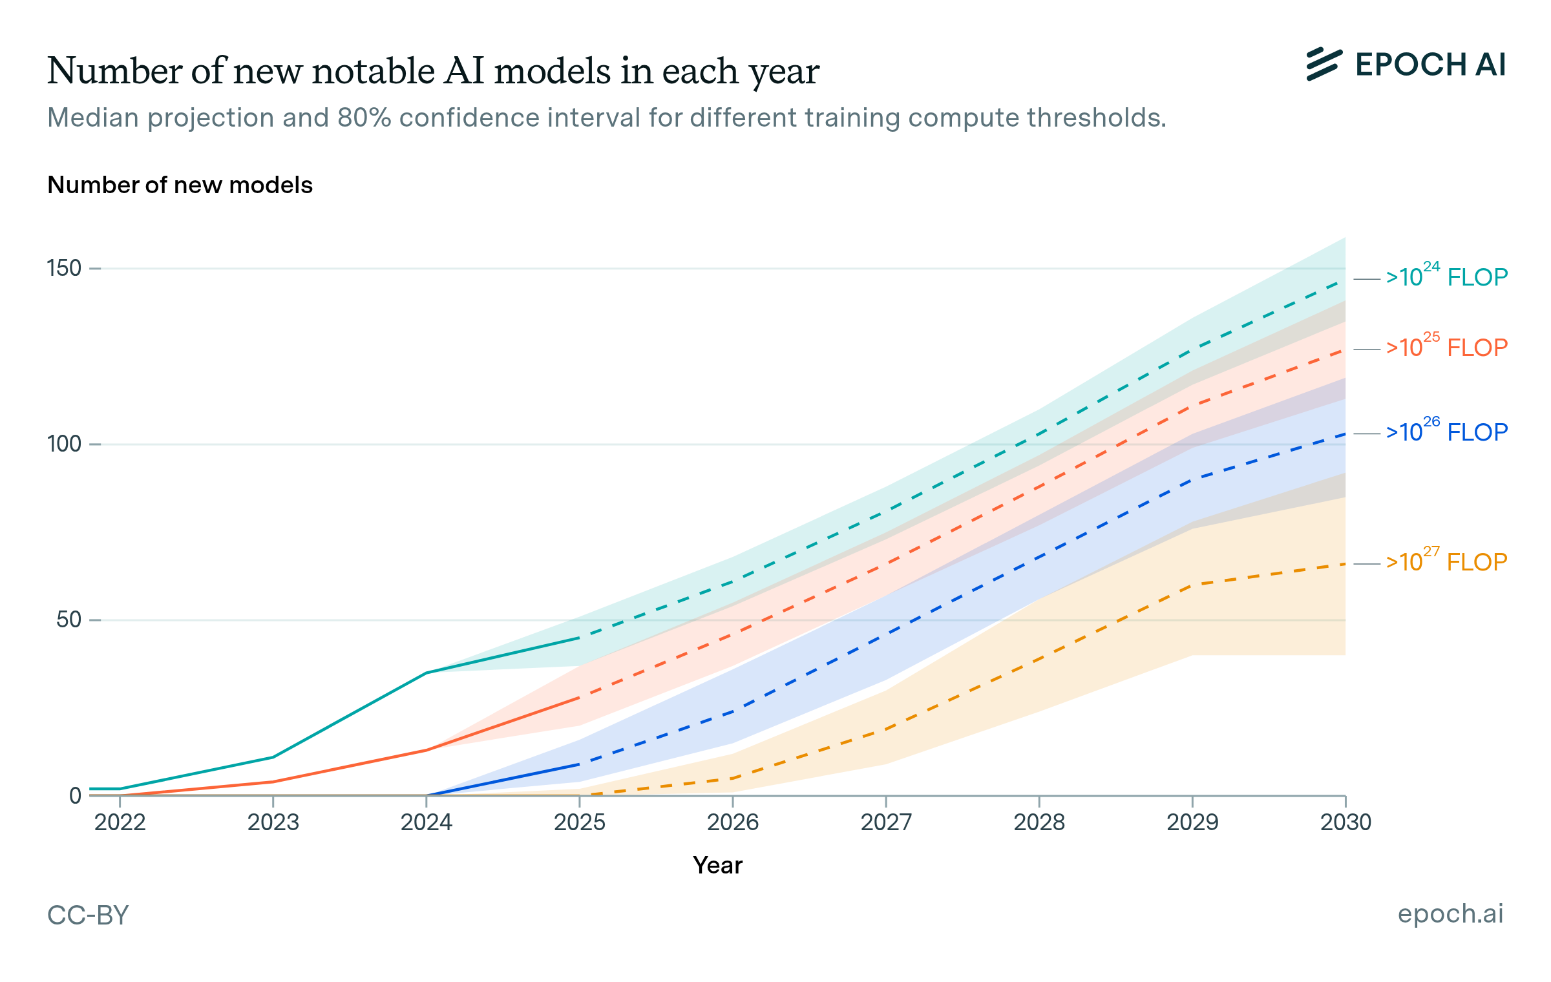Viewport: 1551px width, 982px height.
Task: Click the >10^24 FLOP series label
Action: pos(1446,277)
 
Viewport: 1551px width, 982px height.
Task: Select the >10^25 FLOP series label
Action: pos(1446,348)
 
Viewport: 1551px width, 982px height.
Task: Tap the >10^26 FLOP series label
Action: pos(1446,432)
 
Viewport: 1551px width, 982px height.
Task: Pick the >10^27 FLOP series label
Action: pos(1446,562)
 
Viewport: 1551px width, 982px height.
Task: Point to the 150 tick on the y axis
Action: pos(64,268)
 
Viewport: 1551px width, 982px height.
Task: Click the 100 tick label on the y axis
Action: pos(64,444)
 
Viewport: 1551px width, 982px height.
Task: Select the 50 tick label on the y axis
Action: pos(69,620)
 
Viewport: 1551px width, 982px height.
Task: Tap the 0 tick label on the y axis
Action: pos(75,796)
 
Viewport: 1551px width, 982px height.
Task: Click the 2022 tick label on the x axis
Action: pos(120,822)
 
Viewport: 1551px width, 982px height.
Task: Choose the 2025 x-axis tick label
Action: pos(580,822)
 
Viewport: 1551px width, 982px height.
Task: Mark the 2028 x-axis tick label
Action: pos(1039,822)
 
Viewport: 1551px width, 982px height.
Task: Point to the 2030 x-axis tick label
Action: pos(1345,822)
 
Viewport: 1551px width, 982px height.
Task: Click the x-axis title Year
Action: pos(717,865)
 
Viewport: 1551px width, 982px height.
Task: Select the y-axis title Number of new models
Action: pos(180,185)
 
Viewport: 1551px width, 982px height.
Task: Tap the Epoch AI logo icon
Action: pos(1324,65)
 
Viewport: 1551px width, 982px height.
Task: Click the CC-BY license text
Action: pos(88,915)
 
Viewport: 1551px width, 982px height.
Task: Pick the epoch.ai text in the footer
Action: pos(1450,914)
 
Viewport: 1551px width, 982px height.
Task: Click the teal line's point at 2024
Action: pos(427,673)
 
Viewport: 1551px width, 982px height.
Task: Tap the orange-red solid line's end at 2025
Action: pos(580,698)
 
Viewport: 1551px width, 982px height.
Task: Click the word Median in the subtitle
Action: pos(93,118)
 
